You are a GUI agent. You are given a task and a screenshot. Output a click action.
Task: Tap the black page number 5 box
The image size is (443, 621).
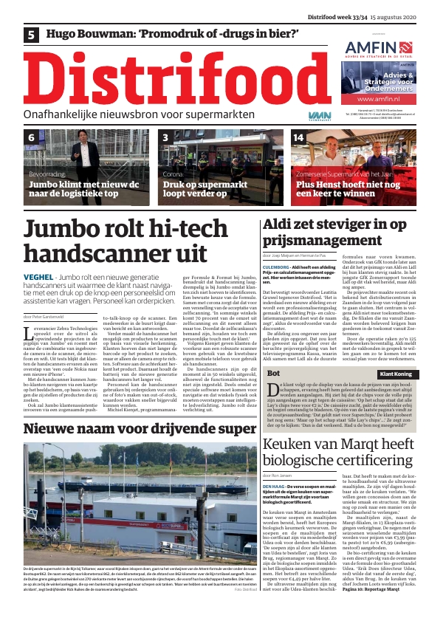(32, 34)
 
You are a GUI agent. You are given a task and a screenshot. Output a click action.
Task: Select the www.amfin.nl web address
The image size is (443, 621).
(374, 98)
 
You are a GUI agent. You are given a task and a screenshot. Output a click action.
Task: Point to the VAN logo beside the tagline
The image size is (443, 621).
(300, 116)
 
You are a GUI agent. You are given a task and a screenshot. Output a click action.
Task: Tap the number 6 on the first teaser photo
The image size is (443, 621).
(32, 137)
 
